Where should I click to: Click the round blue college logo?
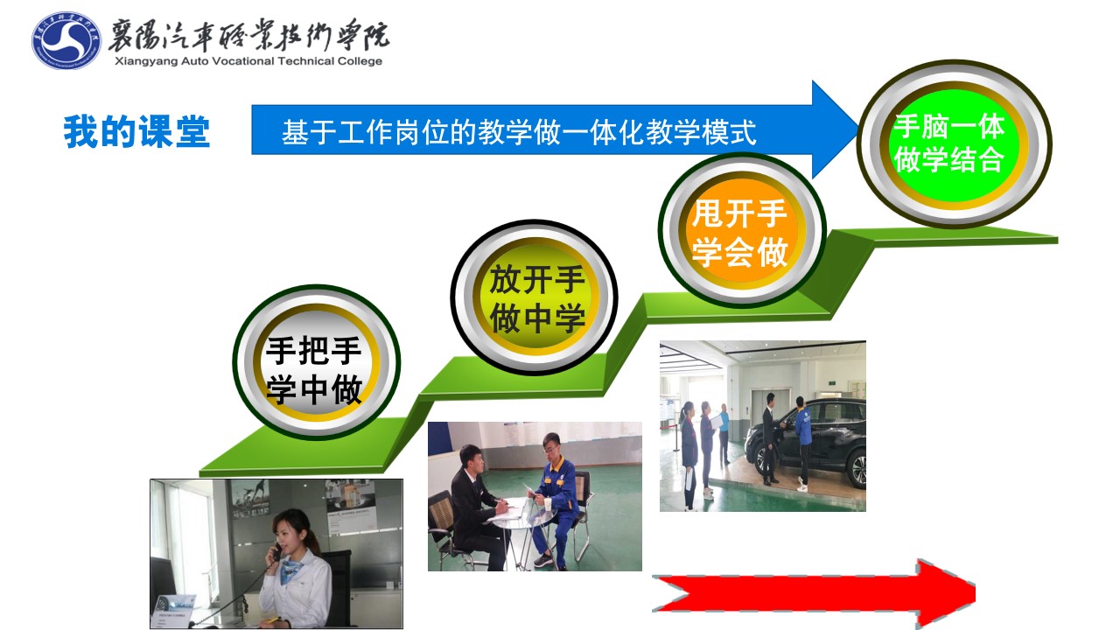pos(66,40)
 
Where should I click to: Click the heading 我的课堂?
pos(136,131)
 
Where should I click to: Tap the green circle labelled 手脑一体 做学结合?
pos(954,144)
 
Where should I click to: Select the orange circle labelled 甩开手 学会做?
pos(741,230)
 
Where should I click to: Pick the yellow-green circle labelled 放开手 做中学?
pos(534,297)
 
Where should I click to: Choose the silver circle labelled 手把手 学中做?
pos(316,362)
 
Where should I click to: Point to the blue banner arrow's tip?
pos(856,129)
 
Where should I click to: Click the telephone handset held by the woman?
pos(276,552)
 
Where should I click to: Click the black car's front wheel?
pos(857,468)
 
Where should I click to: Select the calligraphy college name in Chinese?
pos(248,35)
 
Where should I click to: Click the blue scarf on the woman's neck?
pos(292,566)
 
